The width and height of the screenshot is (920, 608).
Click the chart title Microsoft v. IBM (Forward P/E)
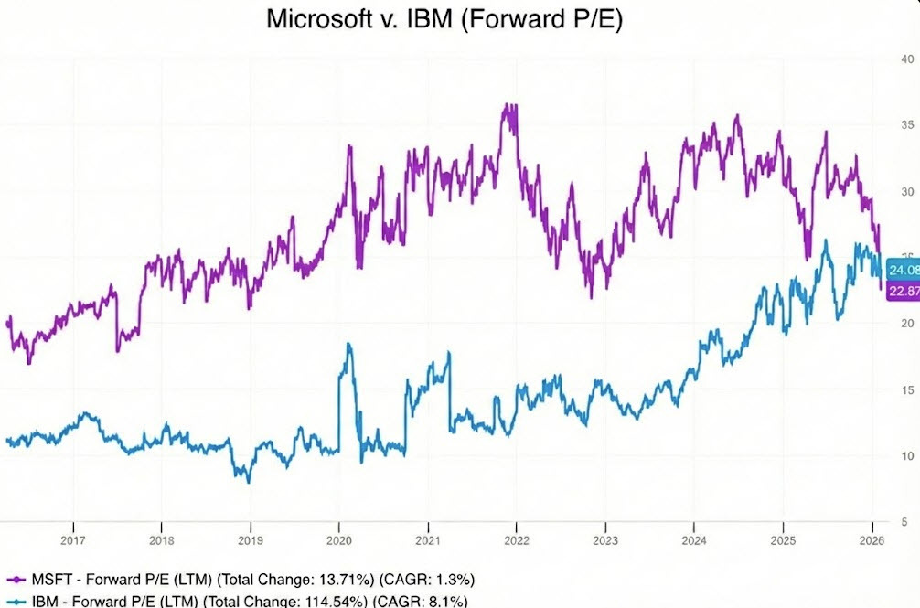click(444, 19)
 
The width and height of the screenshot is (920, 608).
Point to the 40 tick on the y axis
click(908, 59)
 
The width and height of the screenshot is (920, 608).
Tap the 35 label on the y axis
click(908, 125)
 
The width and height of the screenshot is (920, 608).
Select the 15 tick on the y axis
click(908, 390)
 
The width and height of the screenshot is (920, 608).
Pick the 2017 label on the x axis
click(73, 539)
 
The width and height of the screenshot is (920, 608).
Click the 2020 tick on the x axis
click(339, 539)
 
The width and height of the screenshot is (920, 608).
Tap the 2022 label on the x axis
click(517, 539)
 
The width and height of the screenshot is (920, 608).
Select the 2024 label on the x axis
click(693, 539)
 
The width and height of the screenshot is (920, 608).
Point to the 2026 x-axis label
click(871, 539)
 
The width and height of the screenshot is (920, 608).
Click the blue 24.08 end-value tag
click(903, 270)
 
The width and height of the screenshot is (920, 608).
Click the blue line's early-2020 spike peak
click(348, 345)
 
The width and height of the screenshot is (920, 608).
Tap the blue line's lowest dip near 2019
click(249, 481)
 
